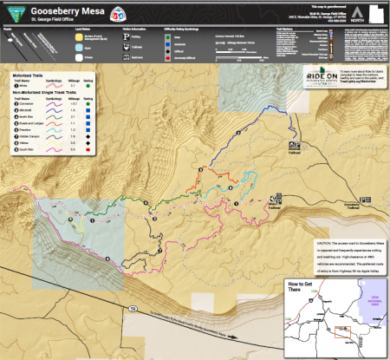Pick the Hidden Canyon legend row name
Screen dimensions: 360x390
point(33,137)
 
